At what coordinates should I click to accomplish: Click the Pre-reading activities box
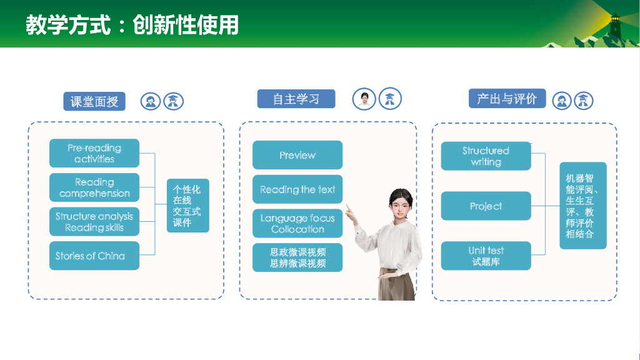tap(94, 153)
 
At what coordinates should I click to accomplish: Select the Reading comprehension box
tap(94, 187)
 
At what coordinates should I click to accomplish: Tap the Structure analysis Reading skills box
tap(94, 222)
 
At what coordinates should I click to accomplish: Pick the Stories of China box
tap(94, 256)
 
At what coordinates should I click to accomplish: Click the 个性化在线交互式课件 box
tap(187, 206)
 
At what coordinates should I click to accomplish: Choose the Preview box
tap(297, 155)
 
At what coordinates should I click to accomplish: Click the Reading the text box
tap(297, 189)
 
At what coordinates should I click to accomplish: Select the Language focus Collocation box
tap(297, 224)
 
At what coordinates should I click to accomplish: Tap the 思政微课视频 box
tap(297, 257)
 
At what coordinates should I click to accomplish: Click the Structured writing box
tap(486, 156)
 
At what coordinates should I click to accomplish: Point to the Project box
tap(486, 206)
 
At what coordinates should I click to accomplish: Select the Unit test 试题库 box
tap(486, 256)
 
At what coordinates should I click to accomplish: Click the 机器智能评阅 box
tap(583, 206)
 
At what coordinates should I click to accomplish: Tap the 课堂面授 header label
tap(94, 101)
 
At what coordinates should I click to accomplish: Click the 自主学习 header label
tap(296, 99)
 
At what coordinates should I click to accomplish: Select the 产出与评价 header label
tap(507, 98)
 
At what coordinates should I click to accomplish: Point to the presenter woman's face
tap(401, 207)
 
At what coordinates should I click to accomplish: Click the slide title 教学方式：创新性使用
tap(132, 25)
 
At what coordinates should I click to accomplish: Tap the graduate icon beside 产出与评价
tap(584, 101)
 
